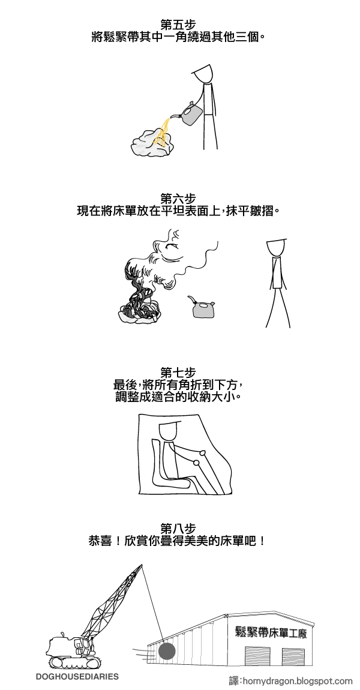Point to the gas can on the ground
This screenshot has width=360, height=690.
(203, 309)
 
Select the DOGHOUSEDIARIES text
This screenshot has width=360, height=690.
(77, 676)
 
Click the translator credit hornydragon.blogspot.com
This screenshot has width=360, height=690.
(291, 681)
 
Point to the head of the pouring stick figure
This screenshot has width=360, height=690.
(205, 73)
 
